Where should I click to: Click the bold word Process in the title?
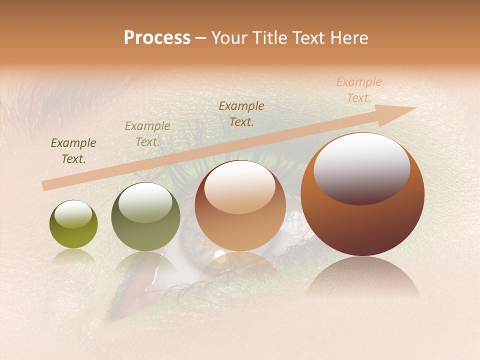(x=157, y=38)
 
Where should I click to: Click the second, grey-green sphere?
(x=145, y=217)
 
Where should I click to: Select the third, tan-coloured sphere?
(x=240, y=205)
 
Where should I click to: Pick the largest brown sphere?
(x=362, y=194)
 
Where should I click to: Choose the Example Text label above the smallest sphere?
(x=73, y=151)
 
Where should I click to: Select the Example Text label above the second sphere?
(x=147, y=134)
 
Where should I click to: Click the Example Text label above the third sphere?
(x=241, y=113)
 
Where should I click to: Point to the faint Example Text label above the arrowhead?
(x=358, y=90)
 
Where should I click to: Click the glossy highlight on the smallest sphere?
(x=73, y=214)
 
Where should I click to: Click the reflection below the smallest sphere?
(x=73, y=256)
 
